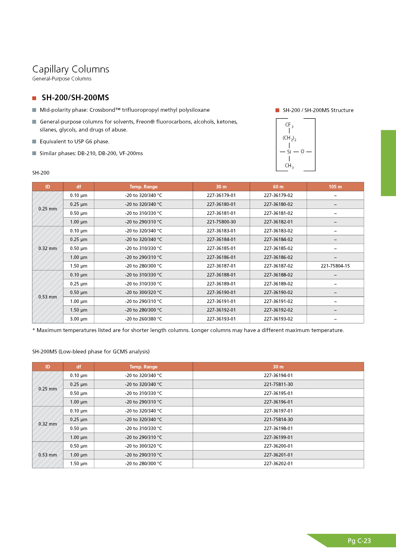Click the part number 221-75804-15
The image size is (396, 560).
(x=335, y=266)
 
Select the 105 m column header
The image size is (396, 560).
(x=335, y=187)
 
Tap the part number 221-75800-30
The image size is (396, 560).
(x=221, y=222)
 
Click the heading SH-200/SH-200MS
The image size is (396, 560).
(x=75, y=98)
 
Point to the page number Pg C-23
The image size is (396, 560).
(x=359, y=541)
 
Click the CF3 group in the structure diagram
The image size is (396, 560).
(x=289, y=125)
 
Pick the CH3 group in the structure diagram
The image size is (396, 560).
(x=289, y=166)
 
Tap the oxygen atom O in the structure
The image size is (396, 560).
(x=302, y=152)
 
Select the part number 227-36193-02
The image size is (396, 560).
(x=278, y=319)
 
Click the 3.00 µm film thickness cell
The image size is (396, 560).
(x=79, y=319)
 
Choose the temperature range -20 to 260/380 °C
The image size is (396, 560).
(x=143, y=319)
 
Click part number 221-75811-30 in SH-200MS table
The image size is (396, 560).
(x=278, y=384)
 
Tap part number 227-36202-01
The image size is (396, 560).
(x=278, y=464)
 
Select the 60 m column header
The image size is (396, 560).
(x=278, y=187)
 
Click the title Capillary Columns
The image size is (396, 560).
(x=71, y=69)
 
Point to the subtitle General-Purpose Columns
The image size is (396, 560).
(x=62, y=79)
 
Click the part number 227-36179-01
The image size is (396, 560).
(x=221, y=195)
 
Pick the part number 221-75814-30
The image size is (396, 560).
(x=278, y=420)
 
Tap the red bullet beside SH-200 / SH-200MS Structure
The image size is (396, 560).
(x=277, y=110)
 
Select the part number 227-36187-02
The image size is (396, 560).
(x=278, y=266)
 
